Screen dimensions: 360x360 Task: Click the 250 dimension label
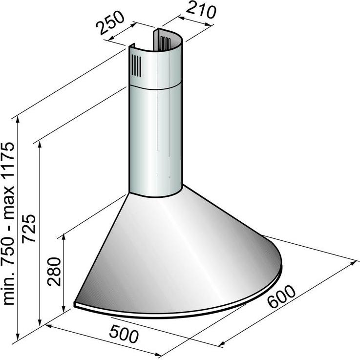pyautogui.click(x=111, y=23)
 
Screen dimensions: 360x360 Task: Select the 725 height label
pyautogui.click(x=29, y=228)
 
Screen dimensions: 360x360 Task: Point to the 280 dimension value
pyautogui.click(x=54, y=272)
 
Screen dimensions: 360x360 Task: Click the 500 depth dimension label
pyautogui.click(x=124, y=334)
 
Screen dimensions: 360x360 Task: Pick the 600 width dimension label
pyautogui.click(x=281, y=296)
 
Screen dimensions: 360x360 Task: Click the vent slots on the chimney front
pyautogui.click(x=136, y=65)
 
